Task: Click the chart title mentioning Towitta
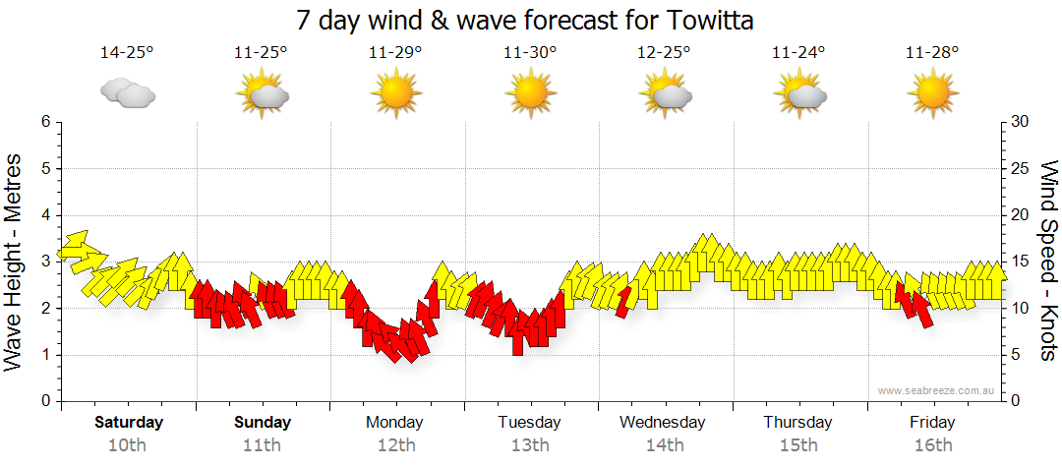pos(530,20)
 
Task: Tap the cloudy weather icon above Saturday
pos(128,93)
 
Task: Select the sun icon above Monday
pos(395,94)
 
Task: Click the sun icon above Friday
pos(932,94)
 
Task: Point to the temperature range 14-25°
pos(127,52)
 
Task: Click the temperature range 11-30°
pos(530,52)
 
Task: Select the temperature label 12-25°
pos(665,52)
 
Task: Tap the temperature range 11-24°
pos(798,52)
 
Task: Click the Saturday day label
pos(128,423)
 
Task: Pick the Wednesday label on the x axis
pos(663,423)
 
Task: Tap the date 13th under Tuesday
pos(530,445)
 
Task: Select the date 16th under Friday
pos(932,445)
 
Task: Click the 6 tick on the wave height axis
pos(44,122)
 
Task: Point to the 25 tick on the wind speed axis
pos(1020,168)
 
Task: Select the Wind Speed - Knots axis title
pos(1047,261)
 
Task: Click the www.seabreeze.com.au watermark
pos(937,390)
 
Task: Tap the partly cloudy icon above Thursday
pos(798,94)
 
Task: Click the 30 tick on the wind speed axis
pos(1020,122)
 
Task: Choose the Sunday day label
pos(263,423)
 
